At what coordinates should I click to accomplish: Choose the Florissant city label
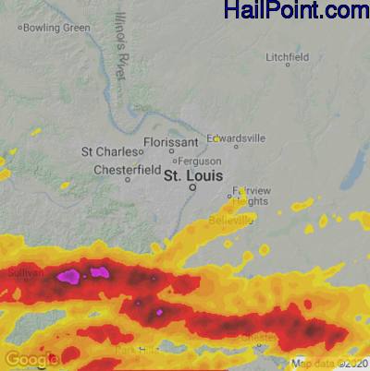point(171,143)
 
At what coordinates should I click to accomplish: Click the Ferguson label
point(200,161)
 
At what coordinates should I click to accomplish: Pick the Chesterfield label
point(128,171)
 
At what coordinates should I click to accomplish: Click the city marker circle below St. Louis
point(192,186)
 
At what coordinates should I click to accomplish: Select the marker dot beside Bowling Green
point(19,28)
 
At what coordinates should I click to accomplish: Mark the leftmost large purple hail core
point(68,275)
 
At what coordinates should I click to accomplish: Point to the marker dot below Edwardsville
point(236,147)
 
